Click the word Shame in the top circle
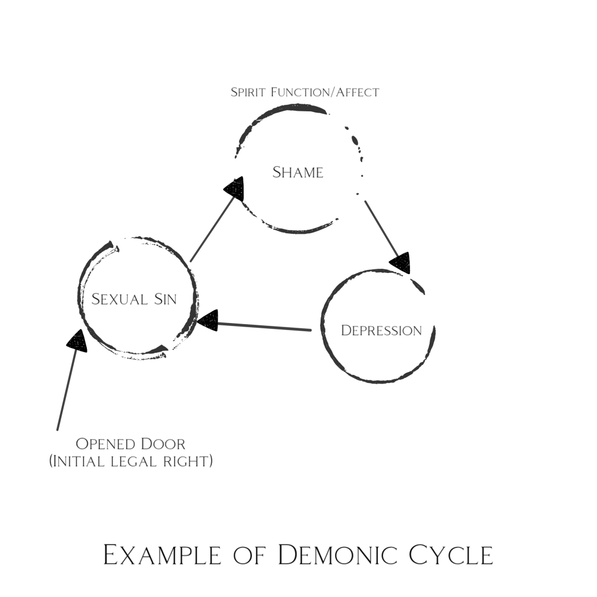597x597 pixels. click(298, 173)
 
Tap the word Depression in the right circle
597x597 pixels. click(381, 331)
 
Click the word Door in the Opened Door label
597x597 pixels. click(163, 444)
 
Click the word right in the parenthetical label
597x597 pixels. click(188, 462)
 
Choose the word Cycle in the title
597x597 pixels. click(451, 555)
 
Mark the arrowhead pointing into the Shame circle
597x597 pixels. click(234, 189)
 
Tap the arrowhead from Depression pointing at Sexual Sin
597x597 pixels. click(208, 320)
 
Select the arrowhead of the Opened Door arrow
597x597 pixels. click(77, 340)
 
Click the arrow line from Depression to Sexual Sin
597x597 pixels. click(262, 326)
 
